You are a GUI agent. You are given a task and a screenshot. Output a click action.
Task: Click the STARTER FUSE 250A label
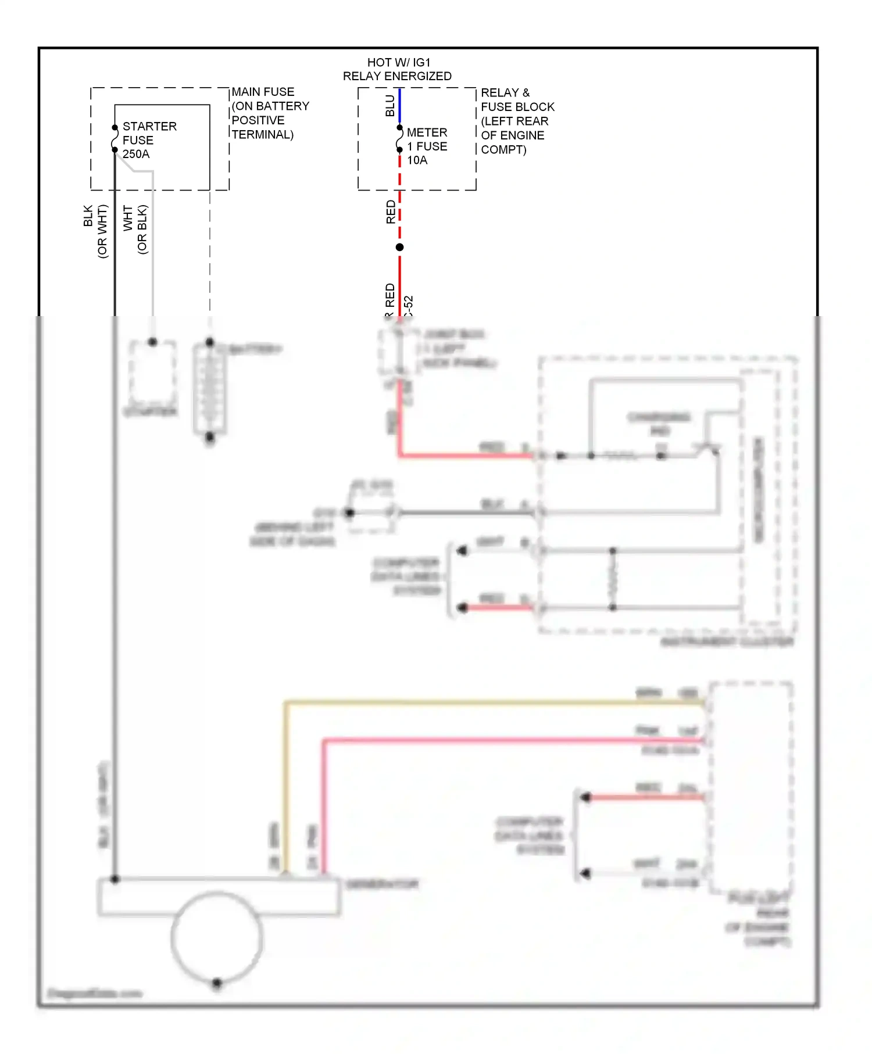point(149,140)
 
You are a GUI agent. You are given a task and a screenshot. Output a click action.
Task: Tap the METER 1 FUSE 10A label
point(427,146)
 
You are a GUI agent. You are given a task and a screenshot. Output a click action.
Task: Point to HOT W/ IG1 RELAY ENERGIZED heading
point(398,69)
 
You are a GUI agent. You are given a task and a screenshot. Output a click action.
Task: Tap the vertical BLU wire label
point(390,106)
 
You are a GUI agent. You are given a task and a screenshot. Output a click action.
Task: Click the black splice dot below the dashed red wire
point(400,248)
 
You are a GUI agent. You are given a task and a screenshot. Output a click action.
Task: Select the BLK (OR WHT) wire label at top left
point(95,231)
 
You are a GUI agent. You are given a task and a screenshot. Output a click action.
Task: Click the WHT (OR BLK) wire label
point(135,229)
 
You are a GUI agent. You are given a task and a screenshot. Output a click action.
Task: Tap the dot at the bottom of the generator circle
point(217,983)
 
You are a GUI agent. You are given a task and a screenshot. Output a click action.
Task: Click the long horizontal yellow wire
point(494,703)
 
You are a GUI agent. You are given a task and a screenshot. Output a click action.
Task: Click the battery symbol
point(209,389)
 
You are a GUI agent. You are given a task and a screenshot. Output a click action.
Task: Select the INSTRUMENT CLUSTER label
point(727,642)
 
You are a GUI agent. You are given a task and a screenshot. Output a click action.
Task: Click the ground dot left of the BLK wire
point(349,512)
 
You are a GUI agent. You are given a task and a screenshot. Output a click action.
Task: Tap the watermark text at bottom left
point(94,994)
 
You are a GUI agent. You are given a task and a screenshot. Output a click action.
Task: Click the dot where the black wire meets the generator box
point(115,880)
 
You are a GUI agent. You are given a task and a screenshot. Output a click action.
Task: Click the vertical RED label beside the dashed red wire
point(391,212)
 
